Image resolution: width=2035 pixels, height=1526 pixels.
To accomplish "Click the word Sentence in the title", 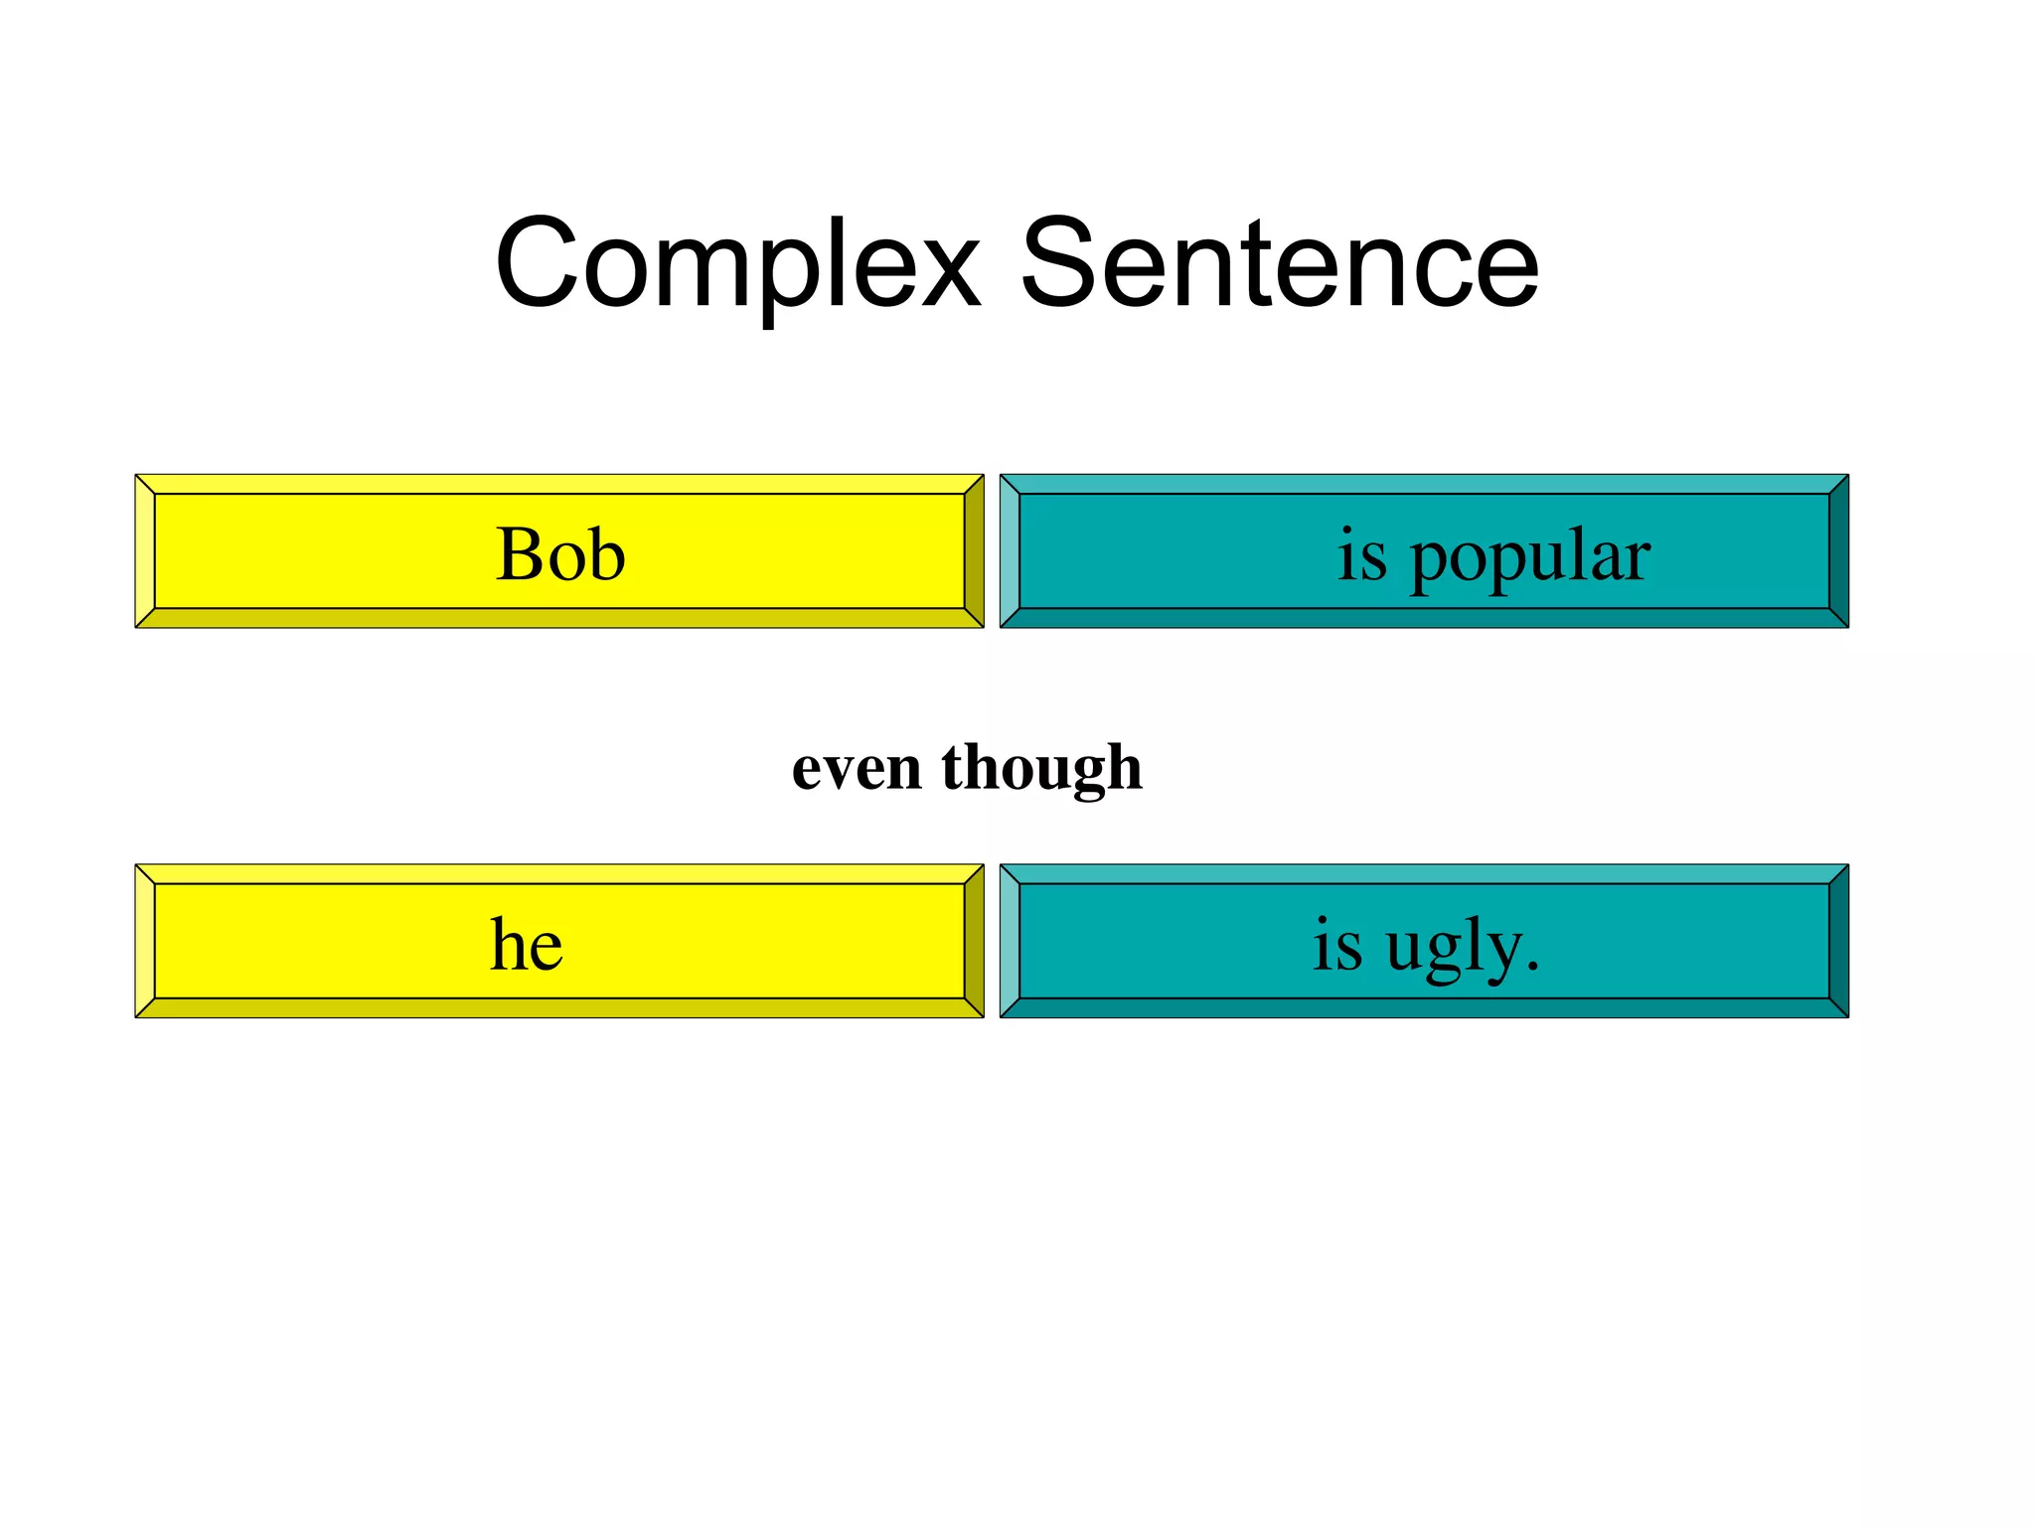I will pos(1279,264).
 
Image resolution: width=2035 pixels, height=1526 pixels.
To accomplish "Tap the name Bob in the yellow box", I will pos(560,554).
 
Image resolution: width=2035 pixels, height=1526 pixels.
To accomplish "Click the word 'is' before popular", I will pos(1361,554).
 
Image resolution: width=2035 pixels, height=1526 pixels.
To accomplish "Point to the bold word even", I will pos(857,769).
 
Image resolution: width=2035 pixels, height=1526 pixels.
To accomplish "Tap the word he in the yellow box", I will pos(527,944).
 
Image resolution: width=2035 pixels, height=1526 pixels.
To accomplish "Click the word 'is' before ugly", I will pos(1336,944).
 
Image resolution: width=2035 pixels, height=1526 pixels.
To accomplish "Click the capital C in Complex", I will pos(537,264).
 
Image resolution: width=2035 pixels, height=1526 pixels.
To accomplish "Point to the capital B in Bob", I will pos(519,554).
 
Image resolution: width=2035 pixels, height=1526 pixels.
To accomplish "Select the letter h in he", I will pos(508,944).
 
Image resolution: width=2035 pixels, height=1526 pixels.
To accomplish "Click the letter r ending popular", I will pos(1638,558).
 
